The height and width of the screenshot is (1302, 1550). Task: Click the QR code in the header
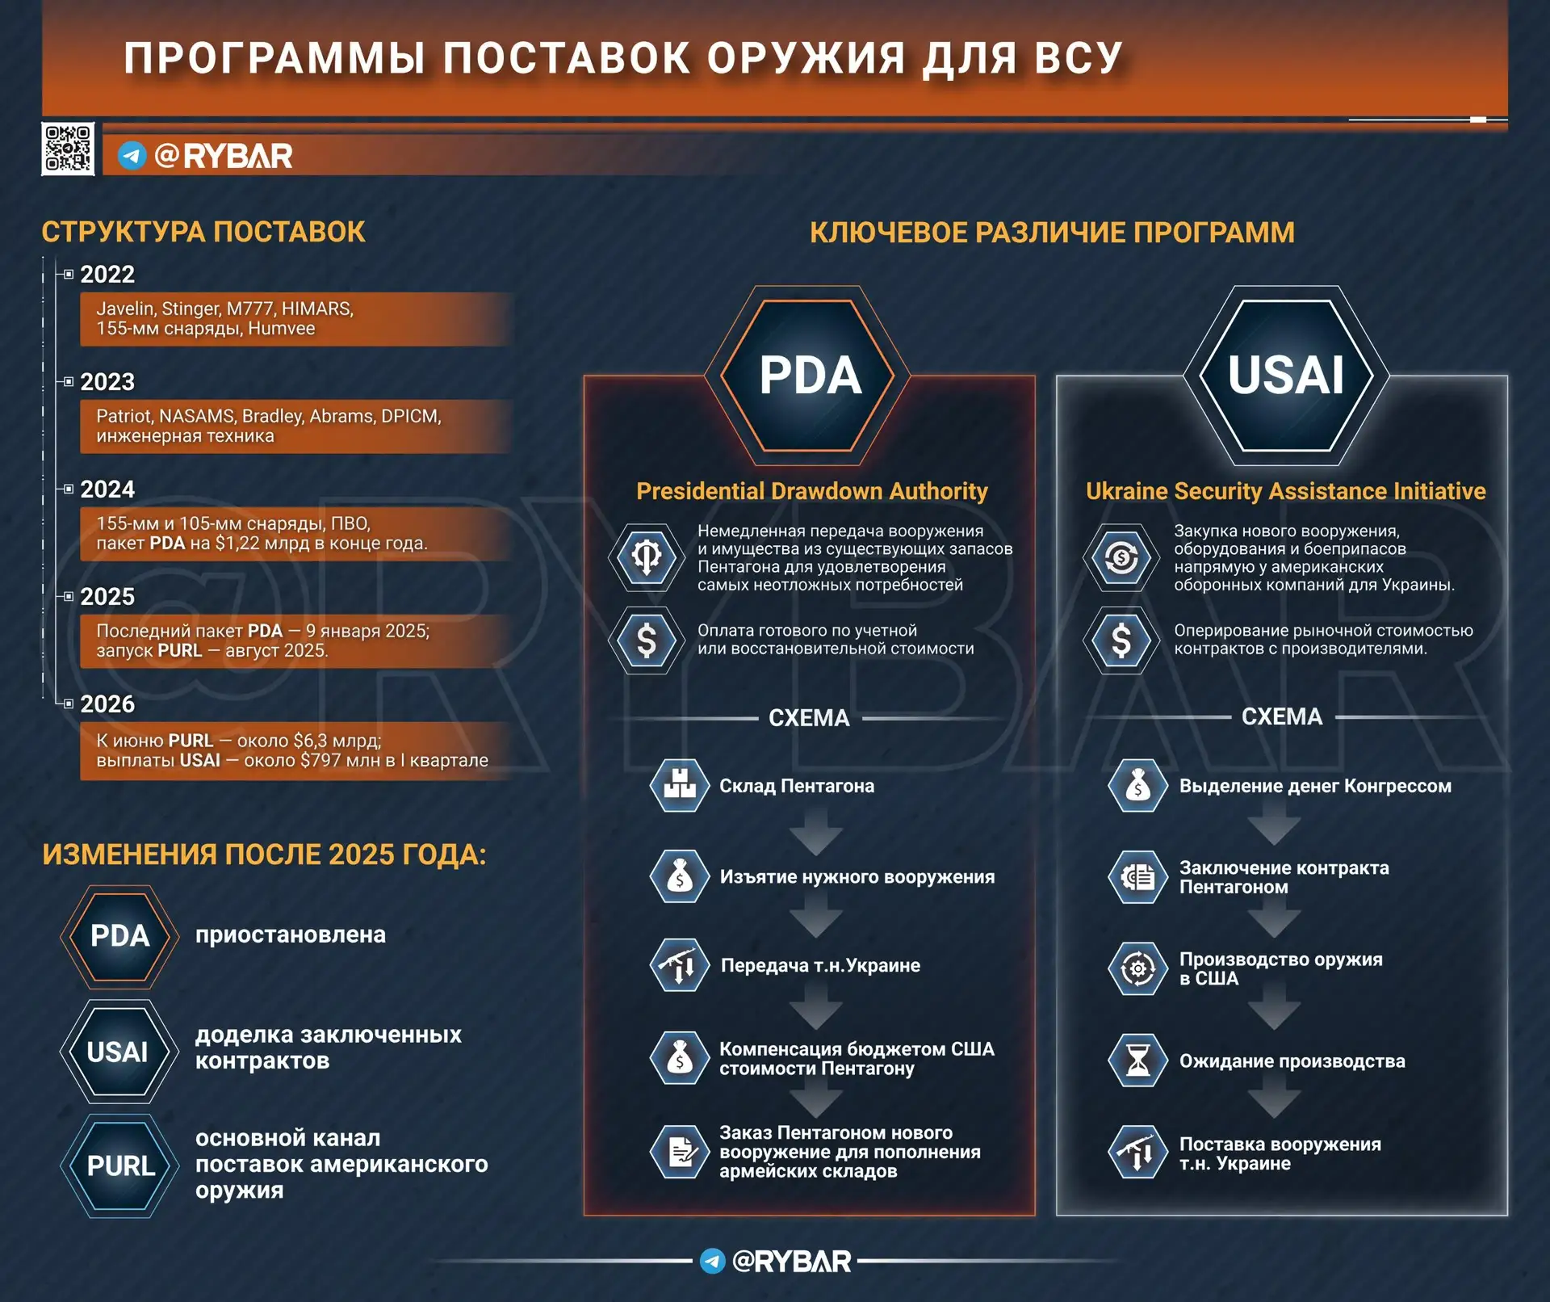68,149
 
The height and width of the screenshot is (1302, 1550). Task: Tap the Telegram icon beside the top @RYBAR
132,155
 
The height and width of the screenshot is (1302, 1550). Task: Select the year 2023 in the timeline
107,381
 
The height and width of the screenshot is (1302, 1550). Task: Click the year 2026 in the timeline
107,703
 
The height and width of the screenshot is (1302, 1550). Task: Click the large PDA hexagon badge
809,375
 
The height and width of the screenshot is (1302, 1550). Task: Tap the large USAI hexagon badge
1286,375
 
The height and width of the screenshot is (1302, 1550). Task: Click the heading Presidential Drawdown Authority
812,491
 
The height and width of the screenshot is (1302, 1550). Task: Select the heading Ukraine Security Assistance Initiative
1285,491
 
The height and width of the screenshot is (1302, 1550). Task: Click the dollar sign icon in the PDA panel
647,640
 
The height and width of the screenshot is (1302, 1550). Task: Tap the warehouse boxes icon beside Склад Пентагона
680,785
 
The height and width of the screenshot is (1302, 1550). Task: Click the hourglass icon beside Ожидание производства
1138,1060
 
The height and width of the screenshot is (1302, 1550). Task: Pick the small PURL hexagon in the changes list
120,1165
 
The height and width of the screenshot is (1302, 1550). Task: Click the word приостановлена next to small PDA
291,934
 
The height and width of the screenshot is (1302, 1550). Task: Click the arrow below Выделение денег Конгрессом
1274,827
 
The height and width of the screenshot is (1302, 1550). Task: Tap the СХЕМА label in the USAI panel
1282,716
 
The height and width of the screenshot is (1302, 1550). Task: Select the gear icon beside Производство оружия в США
1138,968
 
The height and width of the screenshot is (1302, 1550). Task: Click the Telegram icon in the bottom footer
712,1261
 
